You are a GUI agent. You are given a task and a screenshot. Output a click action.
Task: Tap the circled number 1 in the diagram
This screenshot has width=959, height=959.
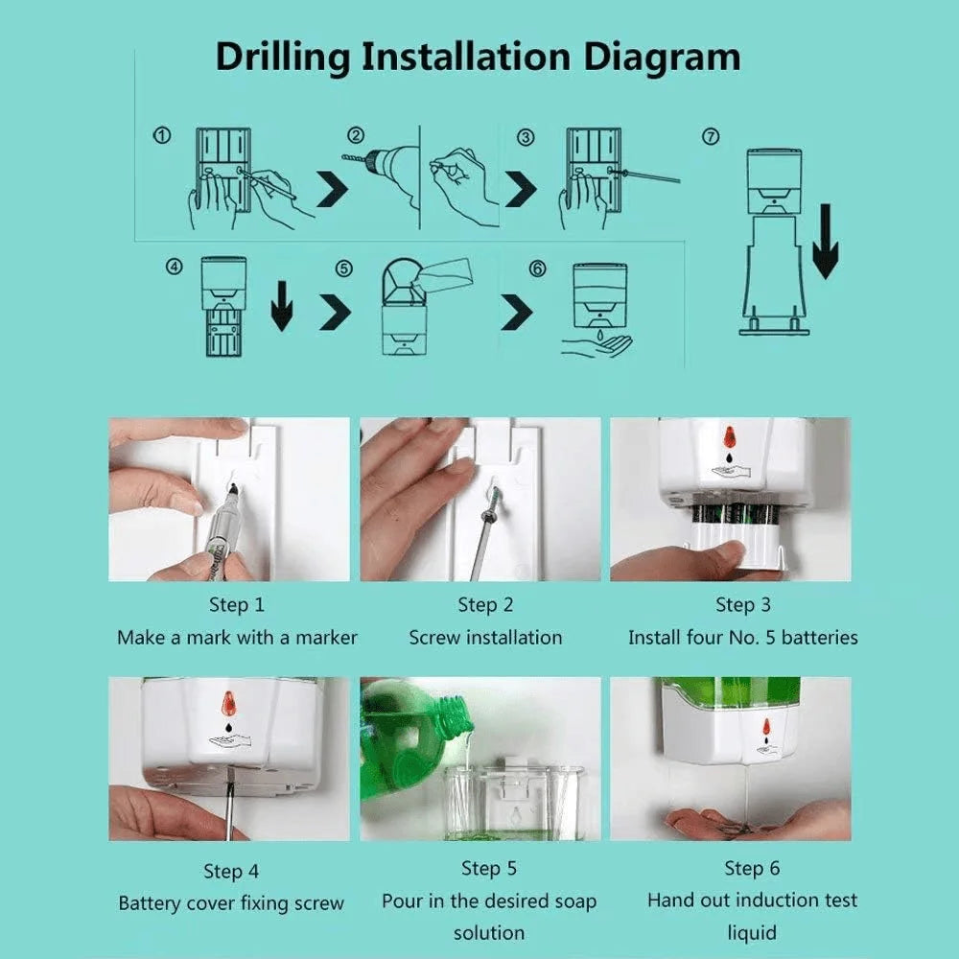point(163,137)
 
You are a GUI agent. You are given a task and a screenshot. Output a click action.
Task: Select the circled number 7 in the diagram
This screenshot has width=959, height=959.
point(711,137)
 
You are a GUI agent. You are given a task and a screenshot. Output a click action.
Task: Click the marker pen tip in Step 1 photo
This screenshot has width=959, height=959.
point(232,489)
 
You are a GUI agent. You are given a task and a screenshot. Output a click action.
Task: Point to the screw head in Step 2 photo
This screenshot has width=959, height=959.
point(495,496)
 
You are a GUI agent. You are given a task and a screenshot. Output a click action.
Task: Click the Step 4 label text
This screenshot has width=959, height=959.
point(230,871)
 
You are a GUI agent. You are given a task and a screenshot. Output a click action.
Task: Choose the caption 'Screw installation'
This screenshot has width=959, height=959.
point(485,638)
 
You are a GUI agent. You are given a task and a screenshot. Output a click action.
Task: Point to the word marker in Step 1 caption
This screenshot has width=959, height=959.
point(326,638)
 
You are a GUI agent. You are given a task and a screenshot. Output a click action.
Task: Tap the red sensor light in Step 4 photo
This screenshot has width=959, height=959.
point(228,703)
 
